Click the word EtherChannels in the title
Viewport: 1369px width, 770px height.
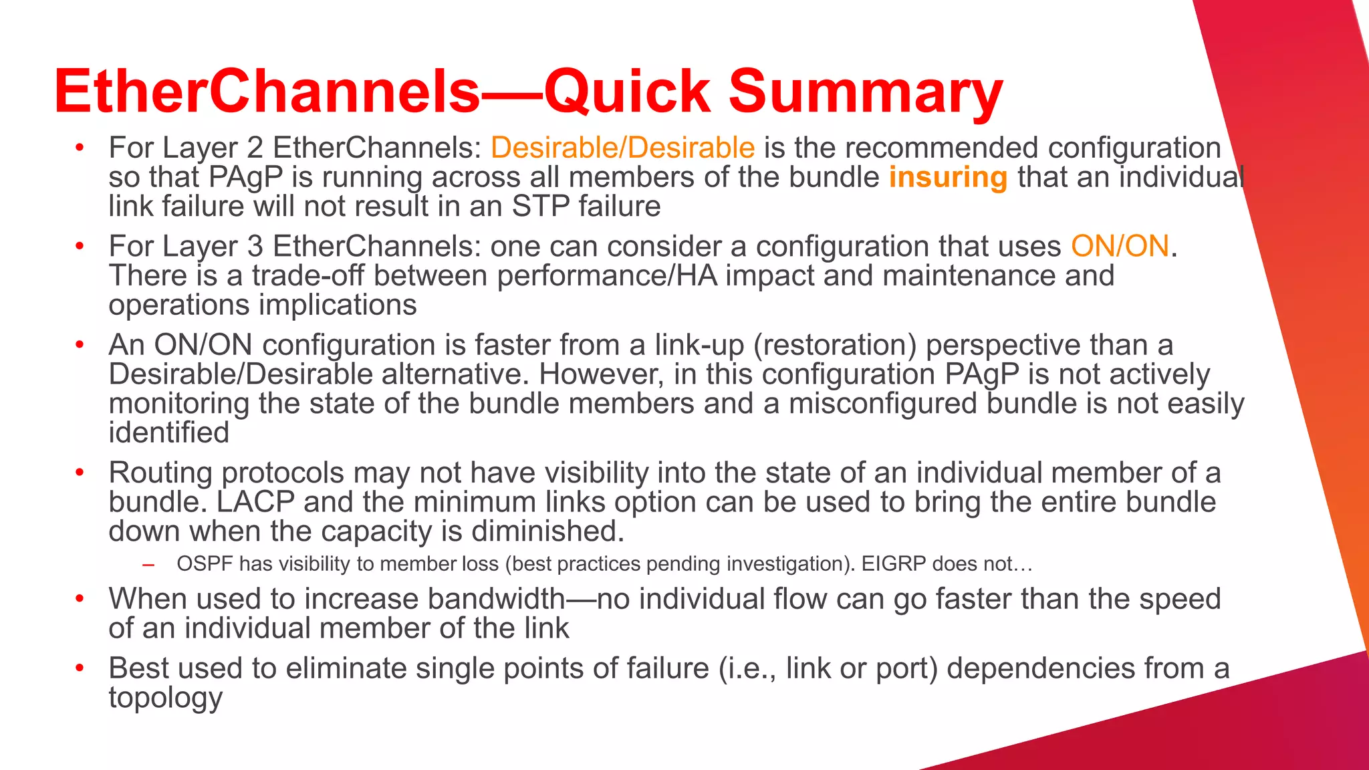(267, 92)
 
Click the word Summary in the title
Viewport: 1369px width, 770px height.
(866, 92)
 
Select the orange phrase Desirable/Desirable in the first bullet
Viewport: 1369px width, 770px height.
(622, 148)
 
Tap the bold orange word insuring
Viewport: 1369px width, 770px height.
(947, 177)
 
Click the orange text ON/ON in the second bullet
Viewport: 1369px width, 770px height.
(1120, 246)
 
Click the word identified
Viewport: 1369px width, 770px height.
(169, 433)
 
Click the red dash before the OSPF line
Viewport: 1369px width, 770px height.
(148, 565)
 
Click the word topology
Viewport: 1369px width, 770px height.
(165, 698)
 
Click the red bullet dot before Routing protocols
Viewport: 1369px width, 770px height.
(80, 473)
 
